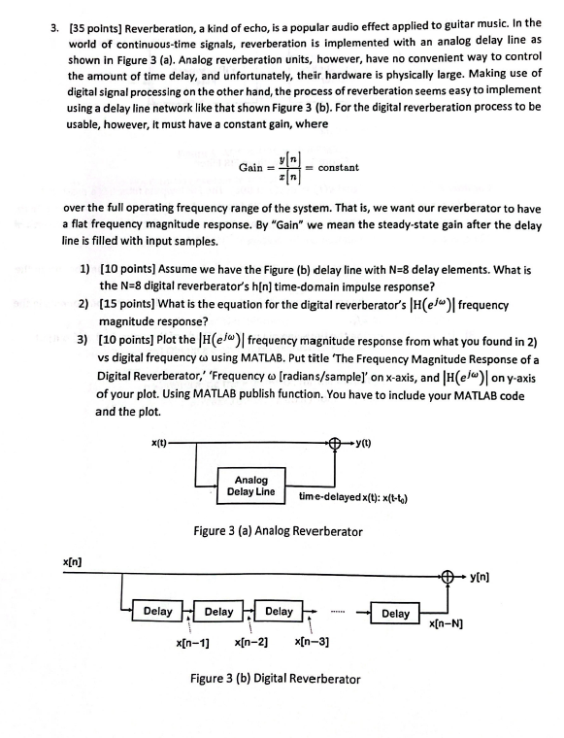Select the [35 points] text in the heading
(x=98, y=22)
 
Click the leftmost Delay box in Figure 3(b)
(x=157, y=613)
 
